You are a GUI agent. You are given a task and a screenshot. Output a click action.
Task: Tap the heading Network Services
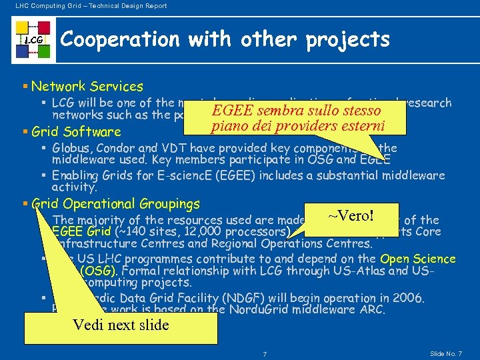tap(87, 86)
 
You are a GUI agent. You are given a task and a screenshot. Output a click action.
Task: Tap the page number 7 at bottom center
tap(265, 353)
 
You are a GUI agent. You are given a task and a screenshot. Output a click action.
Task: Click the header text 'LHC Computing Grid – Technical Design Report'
tap(87, 6)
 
